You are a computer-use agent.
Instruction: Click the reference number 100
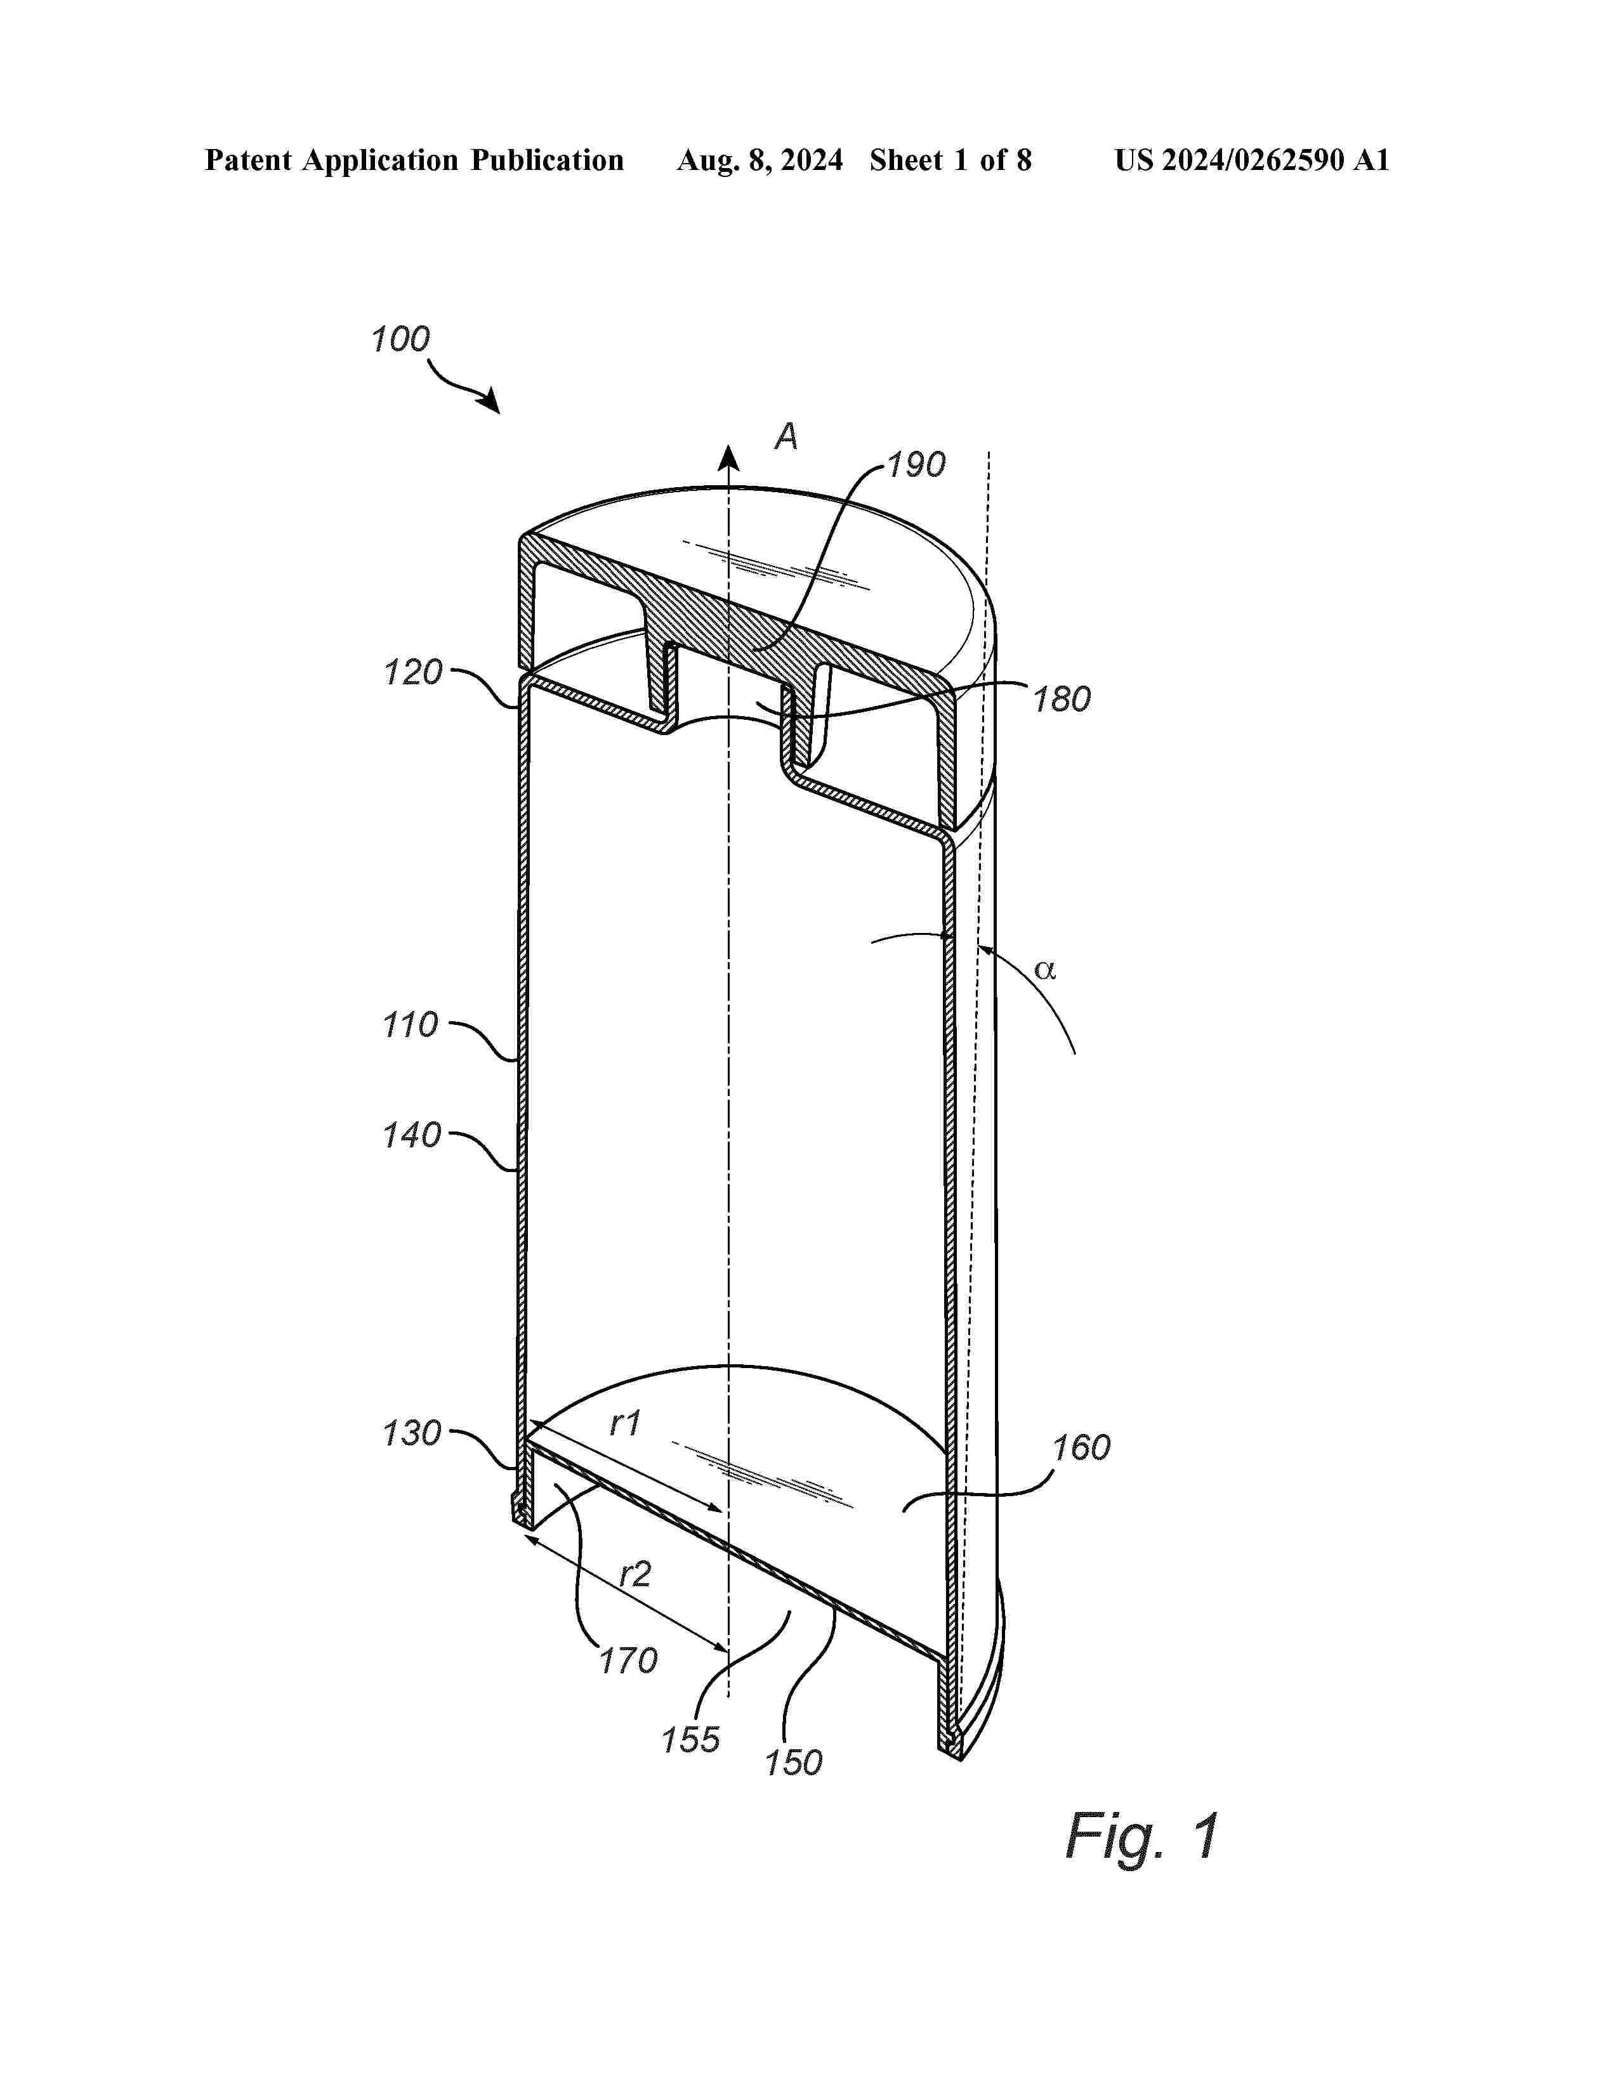(400, 339)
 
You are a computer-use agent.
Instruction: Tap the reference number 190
(916, 465)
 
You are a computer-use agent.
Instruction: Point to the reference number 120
(413, 673)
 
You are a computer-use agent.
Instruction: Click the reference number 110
(411, 1026)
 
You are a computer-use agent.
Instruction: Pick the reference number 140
(411, 1136)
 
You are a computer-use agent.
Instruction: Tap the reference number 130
(411, 1433)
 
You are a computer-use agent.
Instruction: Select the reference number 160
(1081, 1447)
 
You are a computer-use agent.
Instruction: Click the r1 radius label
(625, 1424)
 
